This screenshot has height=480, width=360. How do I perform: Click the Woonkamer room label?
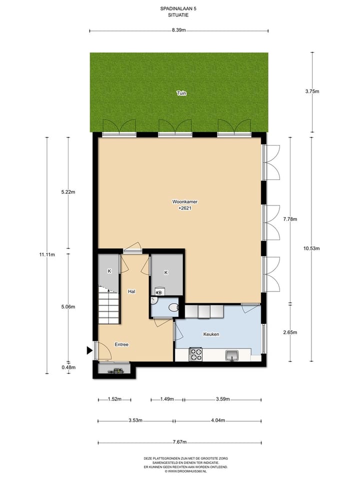(185, 201)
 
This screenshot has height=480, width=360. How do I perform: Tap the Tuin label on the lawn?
(181, 93)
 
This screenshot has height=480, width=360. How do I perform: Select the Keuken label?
(211, 334)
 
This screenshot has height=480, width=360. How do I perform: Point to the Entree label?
(121, 344)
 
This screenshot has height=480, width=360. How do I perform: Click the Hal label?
(131, 291)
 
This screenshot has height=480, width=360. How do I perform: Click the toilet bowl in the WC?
(173, 307)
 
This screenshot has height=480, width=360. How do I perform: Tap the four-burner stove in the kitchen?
(195, 354)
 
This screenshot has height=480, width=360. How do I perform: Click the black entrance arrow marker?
(89, 350)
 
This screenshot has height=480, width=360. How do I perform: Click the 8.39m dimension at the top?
(179, 30)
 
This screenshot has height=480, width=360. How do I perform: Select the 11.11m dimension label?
(47, 254)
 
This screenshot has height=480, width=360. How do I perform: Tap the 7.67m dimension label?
(179, 442)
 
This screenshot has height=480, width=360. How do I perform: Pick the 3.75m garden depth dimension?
(312, 91)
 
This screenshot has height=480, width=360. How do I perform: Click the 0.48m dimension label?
(68, 367)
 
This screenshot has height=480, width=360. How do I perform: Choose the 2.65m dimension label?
(290, 332)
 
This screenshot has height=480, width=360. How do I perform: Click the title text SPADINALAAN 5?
(178, 8)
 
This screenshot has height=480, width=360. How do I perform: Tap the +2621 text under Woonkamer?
(185, 208)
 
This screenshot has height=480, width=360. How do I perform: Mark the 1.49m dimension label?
(167, 399)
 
